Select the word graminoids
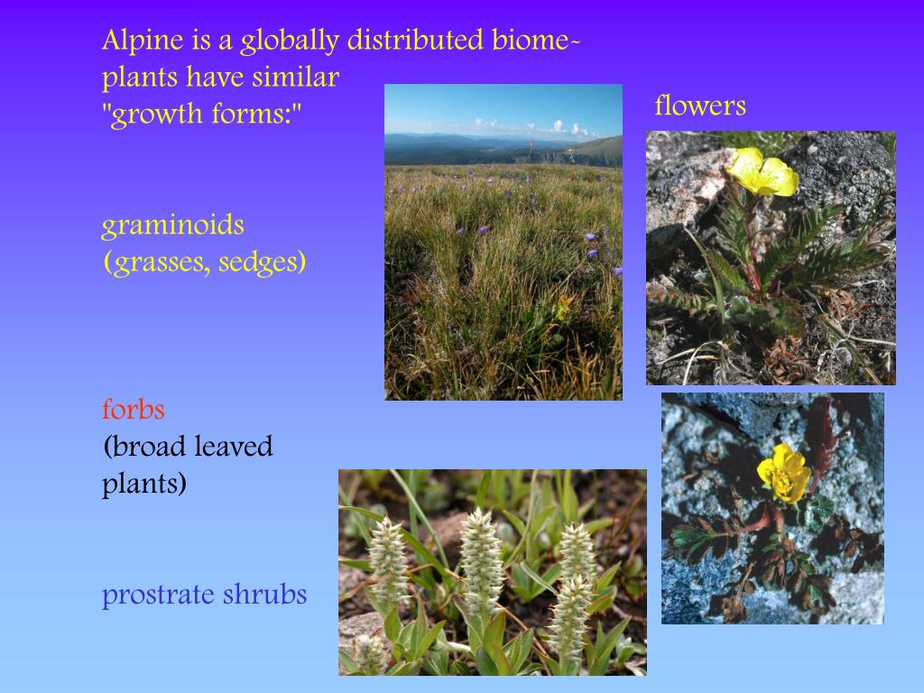(172, 225)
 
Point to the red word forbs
(133, 410)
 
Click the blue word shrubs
(264, 596)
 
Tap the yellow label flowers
(700, 106)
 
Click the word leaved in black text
(236, 447)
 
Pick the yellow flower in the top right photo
(762, 172)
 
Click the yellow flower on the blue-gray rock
(784, 473)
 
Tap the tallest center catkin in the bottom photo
(481, 559)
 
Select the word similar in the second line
(295, 79)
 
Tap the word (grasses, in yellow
(154, 263)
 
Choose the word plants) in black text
(144, 485)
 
